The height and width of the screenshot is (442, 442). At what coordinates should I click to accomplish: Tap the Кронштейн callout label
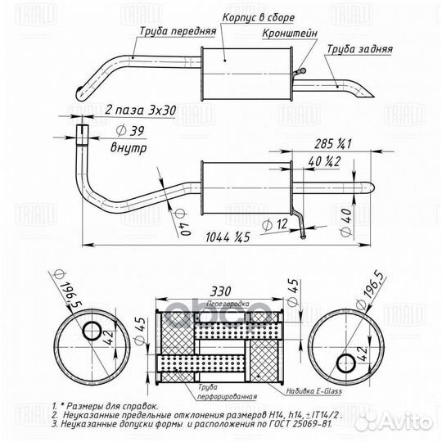click(x=287, y=35)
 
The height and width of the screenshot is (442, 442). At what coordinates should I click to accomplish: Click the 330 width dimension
click(x=219, y=291)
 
